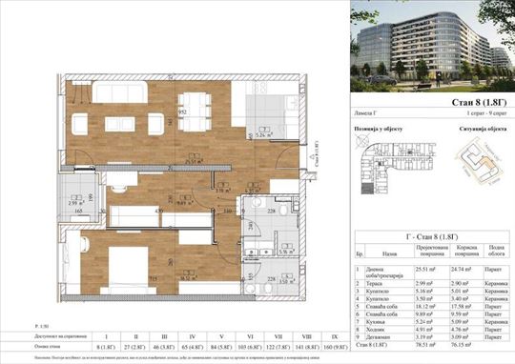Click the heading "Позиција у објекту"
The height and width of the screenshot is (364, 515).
point(384,128)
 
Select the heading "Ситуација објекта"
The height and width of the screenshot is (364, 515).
point(467,128)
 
